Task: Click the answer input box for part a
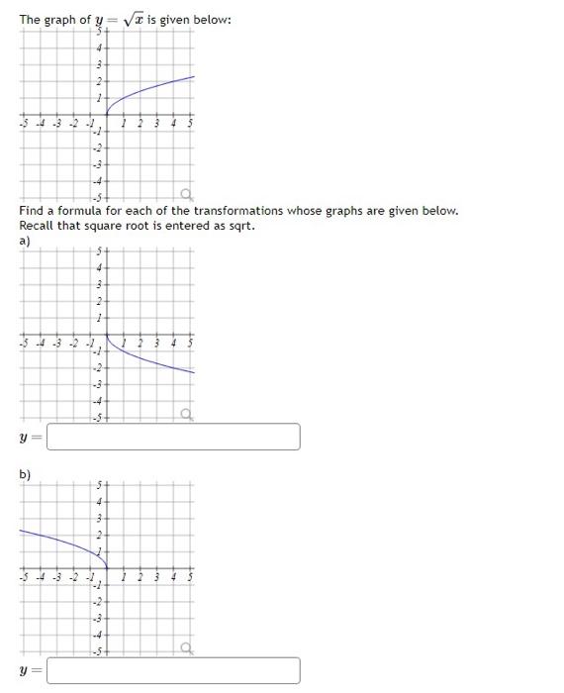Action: (173, 437)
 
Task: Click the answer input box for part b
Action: (173, 670)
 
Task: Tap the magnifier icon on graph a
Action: (185, 415)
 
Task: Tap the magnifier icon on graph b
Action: (185, 648)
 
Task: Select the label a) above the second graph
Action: (25, 241)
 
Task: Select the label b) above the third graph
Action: (25, 474)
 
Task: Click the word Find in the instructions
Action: (32, 211)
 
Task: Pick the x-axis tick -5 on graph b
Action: (22, 577)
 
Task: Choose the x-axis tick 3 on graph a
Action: (155, 346)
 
